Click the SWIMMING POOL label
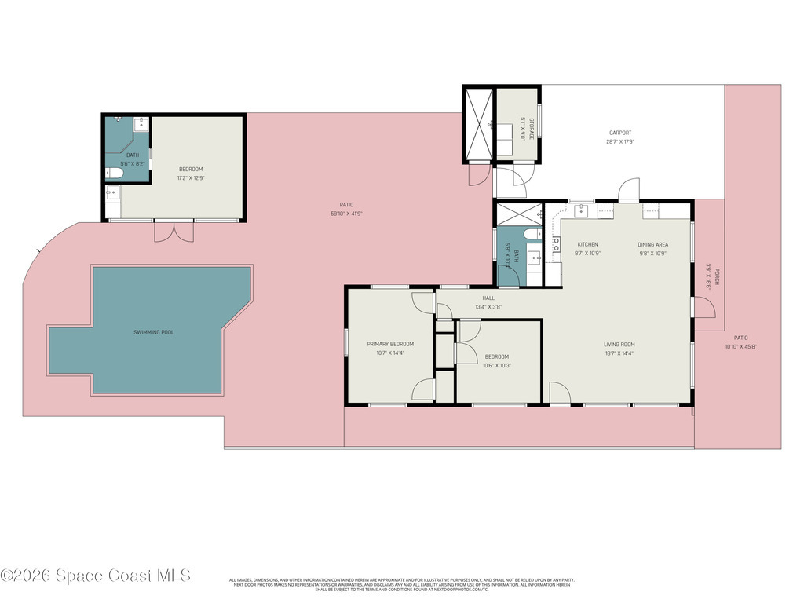[153, 332]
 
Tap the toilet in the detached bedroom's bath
[115, 174]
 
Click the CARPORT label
[619, 133]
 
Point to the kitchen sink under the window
[582, 210]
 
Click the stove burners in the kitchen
[556, 244]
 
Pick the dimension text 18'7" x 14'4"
[619, 353]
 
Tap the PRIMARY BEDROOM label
[390, 344]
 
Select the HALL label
[488, 298]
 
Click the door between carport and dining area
[629, 190]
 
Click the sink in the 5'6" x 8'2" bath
[141, 123]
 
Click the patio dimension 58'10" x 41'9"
[346, 213]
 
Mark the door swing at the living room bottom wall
[558, 393]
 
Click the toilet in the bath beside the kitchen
[532, 235]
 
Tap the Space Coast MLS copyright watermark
[96, 576]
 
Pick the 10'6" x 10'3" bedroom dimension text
[497, 365]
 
